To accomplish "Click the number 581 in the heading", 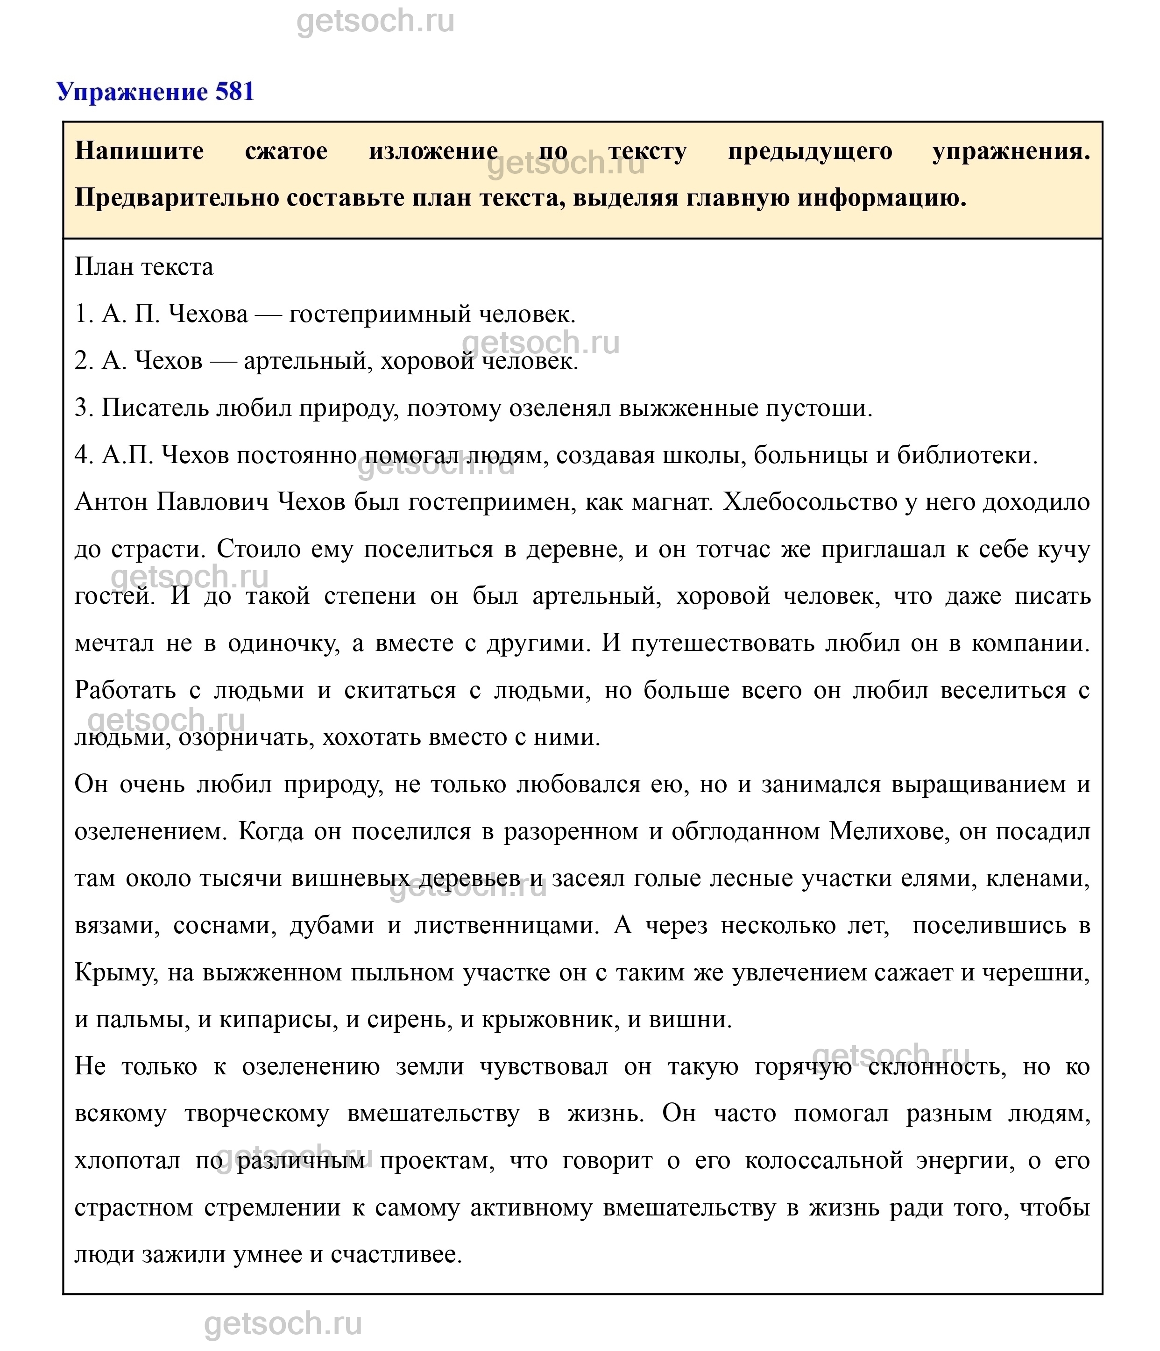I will (x=234, y=92).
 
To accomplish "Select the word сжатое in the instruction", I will (x=286, y=151).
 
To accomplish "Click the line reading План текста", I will (x=144, y=267).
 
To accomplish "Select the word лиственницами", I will (x=506, y=926).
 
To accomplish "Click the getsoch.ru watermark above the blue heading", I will (x=375, y=21).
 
